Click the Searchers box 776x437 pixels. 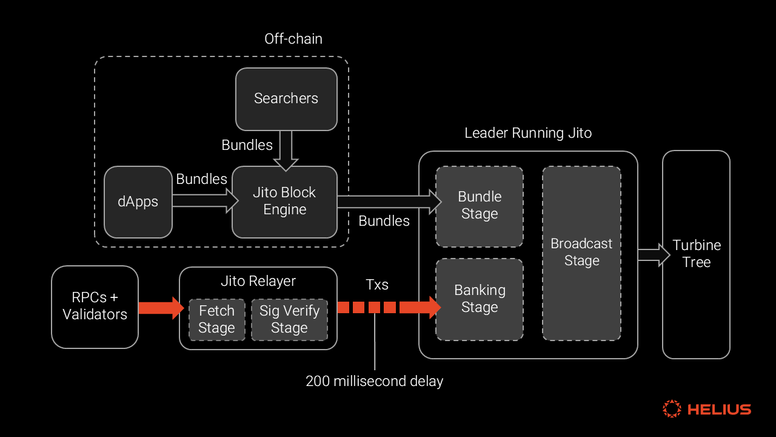coord(286,99)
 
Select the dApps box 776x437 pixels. coord(138,202)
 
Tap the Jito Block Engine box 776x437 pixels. coord(284,202)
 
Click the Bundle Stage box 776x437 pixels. coord(479,206)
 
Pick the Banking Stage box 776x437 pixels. coord(479,299)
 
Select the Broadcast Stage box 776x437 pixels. coord(581,252)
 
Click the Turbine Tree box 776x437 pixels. coord(696,254)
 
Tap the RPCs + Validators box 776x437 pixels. coord(95,307)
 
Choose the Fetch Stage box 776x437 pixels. coord(216,319)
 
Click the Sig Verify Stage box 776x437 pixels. coord(289,319)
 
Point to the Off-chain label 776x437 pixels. coord(293,39)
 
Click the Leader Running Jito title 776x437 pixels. coord(528,133)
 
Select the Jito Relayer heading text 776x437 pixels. coord(258,281)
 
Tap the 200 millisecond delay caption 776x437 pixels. coord(374,381)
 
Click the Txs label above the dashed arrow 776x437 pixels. coord(376,285)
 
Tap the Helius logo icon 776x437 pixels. coord(672,408)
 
